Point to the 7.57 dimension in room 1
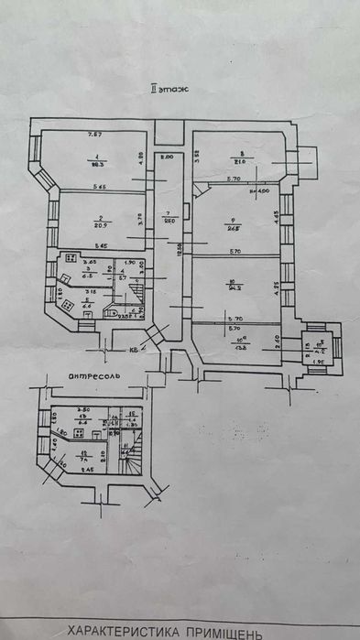point(93,136)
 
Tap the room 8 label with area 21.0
point(241,161)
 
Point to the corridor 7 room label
point(169,215)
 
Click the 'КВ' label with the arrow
point(135,349)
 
